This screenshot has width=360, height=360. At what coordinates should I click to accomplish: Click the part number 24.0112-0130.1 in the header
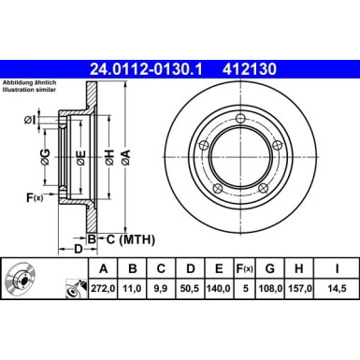(149, 68)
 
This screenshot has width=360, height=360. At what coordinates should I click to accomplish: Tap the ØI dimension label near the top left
(30, 121)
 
